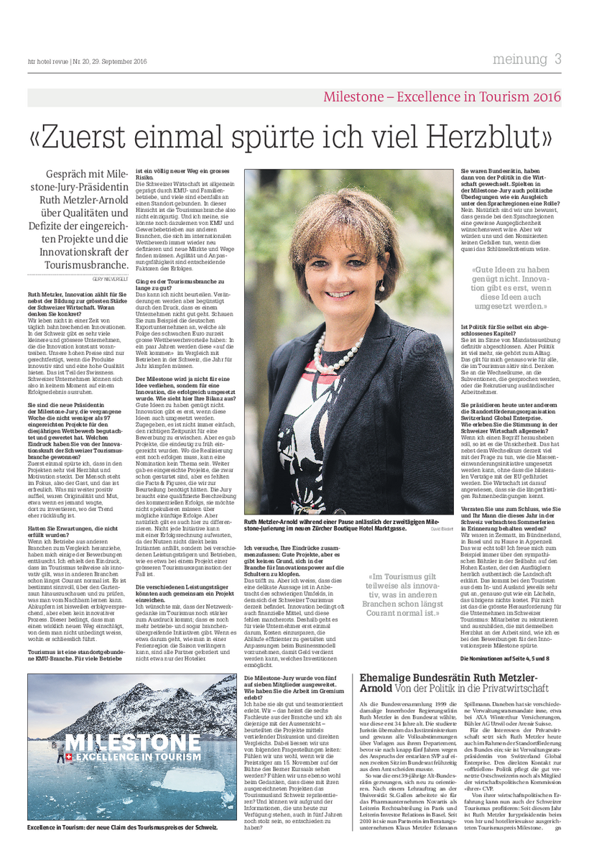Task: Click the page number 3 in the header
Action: click(x=557, y=59)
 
